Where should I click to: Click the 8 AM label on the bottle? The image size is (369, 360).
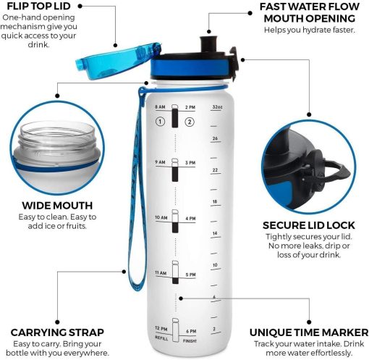tap(160, 107)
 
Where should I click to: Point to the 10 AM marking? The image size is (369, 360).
tap(161, 218)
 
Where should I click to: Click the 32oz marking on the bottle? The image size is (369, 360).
tap(216, 107)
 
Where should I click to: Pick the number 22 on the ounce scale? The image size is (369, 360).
tap(215, 170)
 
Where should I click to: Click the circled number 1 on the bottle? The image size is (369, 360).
tap(161, 121)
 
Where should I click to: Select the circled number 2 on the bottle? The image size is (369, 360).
tap(190, 121)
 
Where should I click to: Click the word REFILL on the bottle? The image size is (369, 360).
tap(161, 338)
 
